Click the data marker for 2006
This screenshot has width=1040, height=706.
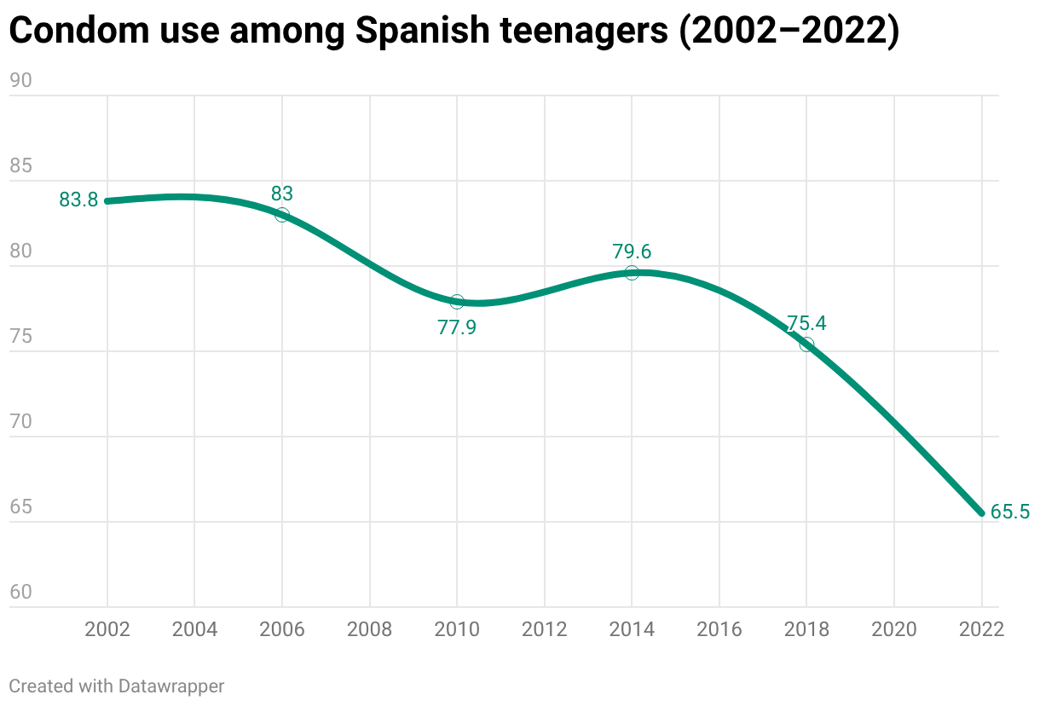(x=282, y=215)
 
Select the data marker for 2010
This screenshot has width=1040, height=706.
(x=457, y=302)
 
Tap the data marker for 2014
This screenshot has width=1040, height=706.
(x=632, y=273)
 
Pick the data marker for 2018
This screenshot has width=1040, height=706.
(x=806, y=344)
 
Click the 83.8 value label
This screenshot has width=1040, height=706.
(x=78, y=200)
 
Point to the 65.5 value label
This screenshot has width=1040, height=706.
(x=1010, y=512)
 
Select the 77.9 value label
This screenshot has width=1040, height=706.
(x=457, y=327)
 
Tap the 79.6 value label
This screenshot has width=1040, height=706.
(x=632, y=252)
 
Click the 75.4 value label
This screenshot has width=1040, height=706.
(x=806, y=324)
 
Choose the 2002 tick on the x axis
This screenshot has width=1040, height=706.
(x=107, y=630)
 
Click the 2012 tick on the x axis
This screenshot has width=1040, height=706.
(x=545, y=630)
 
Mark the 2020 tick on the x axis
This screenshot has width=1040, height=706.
(x=894, y=630)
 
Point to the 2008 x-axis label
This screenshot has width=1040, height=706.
(x=370, y=630)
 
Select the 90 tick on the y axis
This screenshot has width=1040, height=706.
(x=20, y=80)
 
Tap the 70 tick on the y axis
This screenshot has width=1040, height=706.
(x=20, y=421)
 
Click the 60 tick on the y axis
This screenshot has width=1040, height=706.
(x=20, y=592)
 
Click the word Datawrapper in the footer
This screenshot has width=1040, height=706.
(x=171, y=686)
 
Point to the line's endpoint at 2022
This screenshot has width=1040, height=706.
(x=982, y=513)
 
